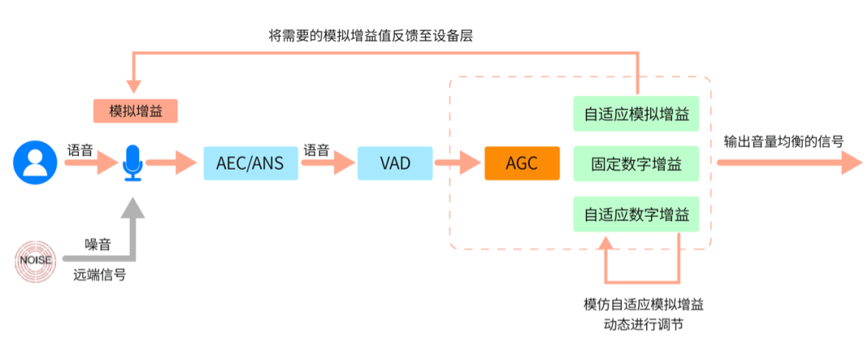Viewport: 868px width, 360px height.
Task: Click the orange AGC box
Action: tap(522, 163)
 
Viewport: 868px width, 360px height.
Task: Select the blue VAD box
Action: tap(395, 163)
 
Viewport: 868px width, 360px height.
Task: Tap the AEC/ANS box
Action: tap(250, 163)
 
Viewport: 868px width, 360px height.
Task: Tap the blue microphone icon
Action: tap(132, 164)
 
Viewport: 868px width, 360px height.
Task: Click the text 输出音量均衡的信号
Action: tap(783, 141)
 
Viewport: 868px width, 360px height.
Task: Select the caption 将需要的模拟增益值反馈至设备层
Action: tap(375, 35)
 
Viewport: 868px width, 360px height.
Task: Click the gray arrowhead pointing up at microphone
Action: tap(133, 208)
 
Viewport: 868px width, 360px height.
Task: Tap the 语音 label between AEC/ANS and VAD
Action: tap(316, 149)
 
